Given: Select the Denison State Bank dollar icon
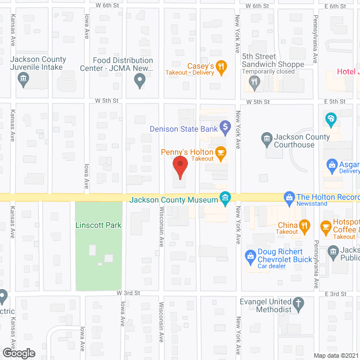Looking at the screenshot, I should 225,128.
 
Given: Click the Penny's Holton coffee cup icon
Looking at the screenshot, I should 220,152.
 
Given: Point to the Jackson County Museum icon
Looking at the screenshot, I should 226,197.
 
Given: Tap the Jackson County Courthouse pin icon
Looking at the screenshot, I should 266,137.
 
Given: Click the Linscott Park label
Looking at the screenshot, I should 98,225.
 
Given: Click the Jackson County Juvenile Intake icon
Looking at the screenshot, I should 23,82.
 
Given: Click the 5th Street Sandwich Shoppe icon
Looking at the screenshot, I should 255,82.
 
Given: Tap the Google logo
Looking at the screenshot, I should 18,353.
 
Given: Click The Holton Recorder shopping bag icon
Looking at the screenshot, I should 289,197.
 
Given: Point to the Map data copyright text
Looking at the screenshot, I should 336,355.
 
